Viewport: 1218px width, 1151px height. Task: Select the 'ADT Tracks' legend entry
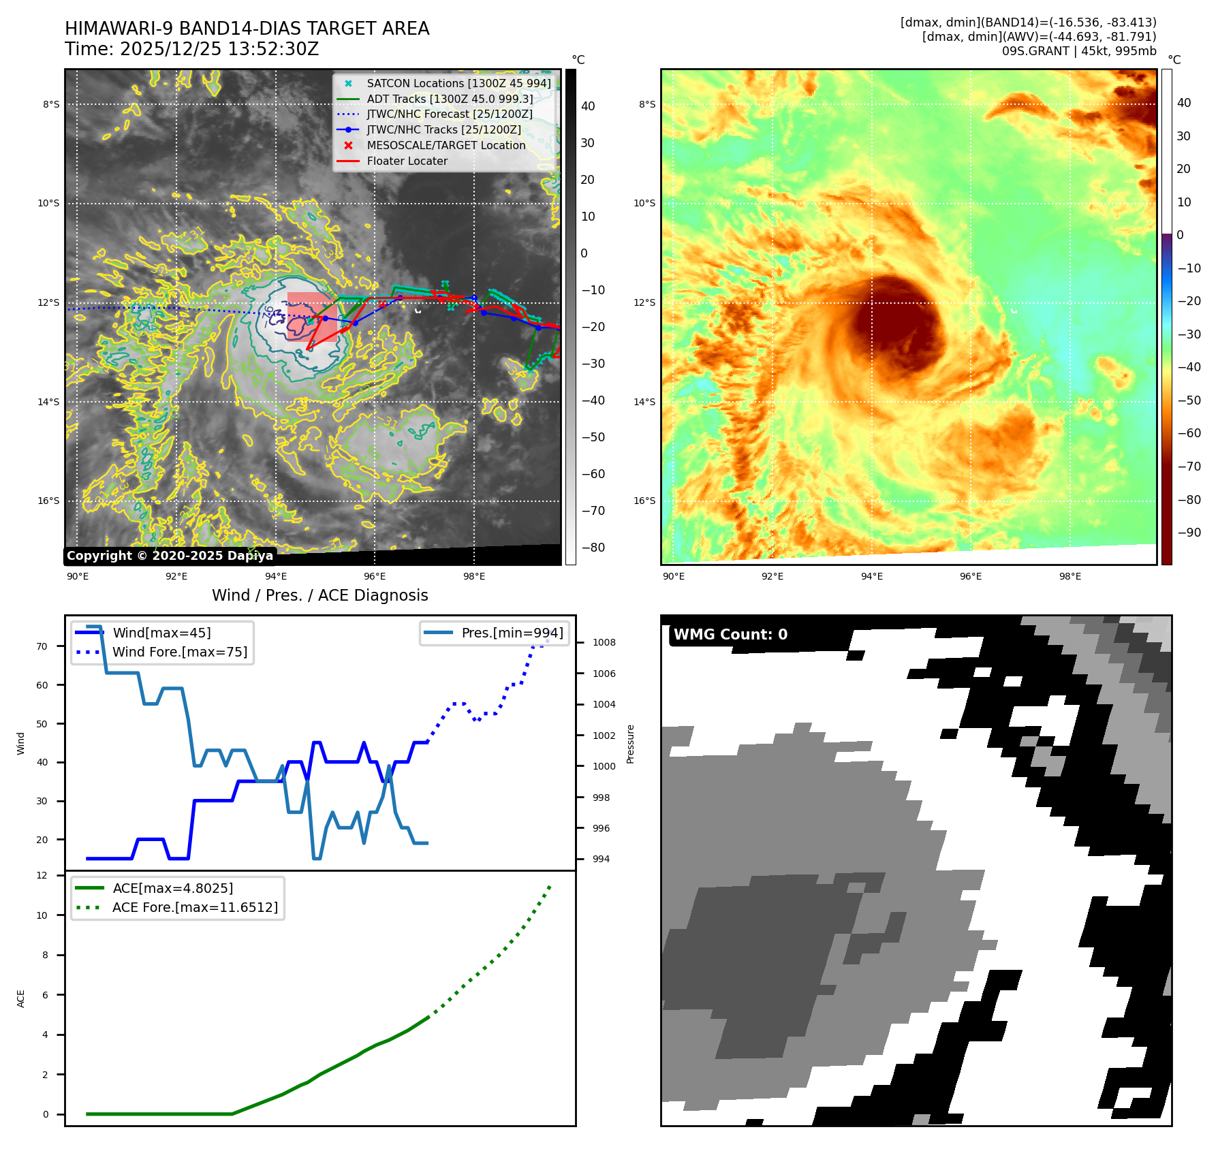(450, 99)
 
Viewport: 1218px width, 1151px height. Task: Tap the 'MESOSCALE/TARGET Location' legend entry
(446, 146)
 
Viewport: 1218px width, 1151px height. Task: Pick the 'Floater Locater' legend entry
(407, 161)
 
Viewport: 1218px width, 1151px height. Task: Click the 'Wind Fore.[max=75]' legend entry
(180, 652)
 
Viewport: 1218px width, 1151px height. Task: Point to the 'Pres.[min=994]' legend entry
(512, 633)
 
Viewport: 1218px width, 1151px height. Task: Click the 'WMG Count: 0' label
(730, 635)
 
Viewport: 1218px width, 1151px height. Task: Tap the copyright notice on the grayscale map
(170, 556)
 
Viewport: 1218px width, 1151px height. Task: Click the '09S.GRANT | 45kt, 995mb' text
(1079, 51)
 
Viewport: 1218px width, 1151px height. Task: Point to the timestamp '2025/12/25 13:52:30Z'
(219, 50)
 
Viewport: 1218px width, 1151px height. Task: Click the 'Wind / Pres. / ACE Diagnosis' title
(320, 596)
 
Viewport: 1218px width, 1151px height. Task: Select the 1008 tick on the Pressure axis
(604, 643)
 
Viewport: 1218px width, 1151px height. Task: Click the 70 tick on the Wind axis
(42, 647)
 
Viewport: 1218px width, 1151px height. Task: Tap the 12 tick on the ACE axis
(42, 876)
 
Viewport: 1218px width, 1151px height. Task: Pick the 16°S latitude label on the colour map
(644, 501)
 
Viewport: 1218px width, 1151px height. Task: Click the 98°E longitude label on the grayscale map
(474, 577)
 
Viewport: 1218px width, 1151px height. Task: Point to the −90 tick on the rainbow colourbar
(1189, 533)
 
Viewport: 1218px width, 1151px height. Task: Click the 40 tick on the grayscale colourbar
(588, 107)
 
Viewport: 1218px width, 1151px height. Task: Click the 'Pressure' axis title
(630, 744)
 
